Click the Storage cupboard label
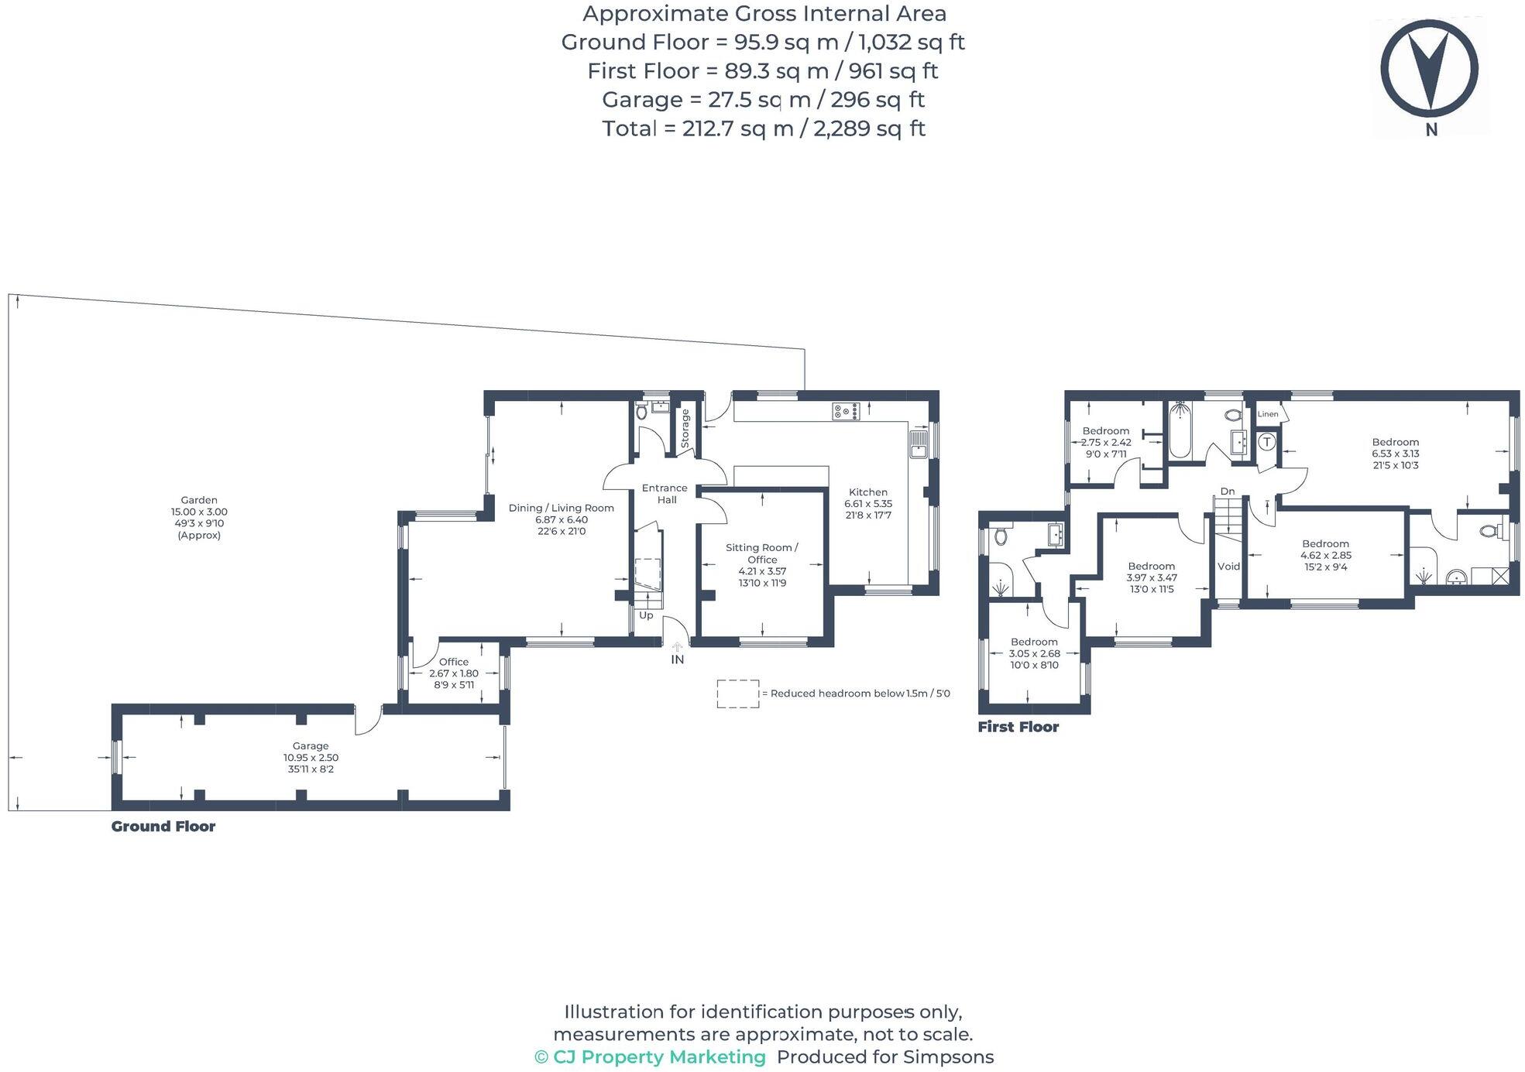point(685,429)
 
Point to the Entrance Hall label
point(665,494)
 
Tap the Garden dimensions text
point(199,517)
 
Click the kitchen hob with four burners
point(846,411)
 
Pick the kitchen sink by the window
point(919,445)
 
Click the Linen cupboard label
point(1267,414)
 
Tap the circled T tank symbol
point(1266,442)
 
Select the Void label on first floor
point(1228,567)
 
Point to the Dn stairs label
point(1228,491)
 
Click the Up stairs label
point(646,615)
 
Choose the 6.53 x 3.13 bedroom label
point(1395,454)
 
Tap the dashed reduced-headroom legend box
point(737,694)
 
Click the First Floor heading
point(1018,727)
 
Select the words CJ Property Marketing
point(658,1057)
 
